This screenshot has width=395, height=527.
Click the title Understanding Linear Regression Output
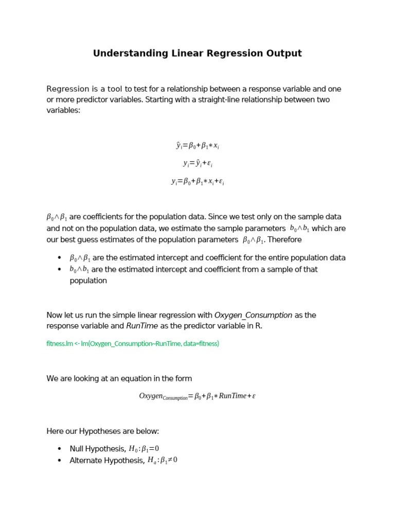pyautogui.click(x=197, y=54)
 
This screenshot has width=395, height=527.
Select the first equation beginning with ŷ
pyautogui.click(x=197, y=146)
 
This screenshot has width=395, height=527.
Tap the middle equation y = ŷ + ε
pyautogui.click(x=197, y=163)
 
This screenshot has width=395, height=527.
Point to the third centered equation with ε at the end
pyautogui.click(x=197, y=181)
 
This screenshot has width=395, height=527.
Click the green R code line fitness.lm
pyautogui.click(x=133, y=343)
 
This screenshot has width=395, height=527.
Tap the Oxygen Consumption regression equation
pyautogui.click(x=197, y=396)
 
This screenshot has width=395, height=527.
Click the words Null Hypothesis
pyautogui.click(x=97, y=449)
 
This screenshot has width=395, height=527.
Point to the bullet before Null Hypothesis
pyautogui.click(x=60, y=449)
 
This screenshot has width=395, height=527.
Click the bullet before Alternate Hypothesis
pyautogui.click(x=60, y=461)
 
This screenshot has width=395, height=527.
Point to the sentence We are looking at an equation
pyautogui.click(x=119, y=379)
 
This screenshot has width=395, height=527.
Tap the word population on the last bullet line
pyautogui.click(x=88, y=280)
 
